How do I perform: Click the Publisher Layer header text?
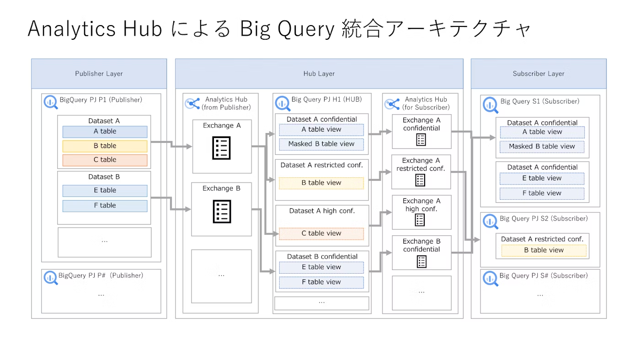click(99, 74)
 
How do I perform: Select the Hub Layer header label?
click(319, 74)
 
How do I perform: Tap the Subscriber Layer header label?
click(539, 74)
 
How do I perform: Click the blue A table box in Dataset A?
click(105, 132)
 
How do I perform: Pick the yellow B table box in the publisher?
click(105, 146)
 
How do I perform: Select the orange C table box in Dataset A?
click(105, 160)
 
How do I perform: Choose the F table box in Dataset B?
click(105, 206)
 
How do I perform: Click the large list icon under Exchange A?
click(221, 148)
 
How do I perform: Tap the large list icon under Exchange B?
click(222, 212)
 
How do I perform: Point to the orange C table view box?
click(321, 233)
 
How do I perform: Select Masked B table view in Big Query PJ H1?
click(321, 144)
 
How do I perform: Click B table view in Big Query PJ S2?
click(544, 250)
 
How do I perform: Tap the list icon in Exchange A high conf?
click(420, 220)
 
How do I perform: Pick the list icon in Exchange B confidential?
click(421, 261)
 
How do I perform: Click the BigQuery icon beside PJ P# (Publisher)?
click(51, 278)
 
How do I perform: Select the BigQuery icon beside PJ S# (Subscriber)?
click(490, 278)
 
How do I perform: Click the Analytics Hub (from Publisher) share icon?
click(192, 104)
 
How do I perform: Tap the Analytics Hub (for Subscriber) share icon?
click(392, 104)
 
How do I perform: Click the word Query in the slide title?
click(305, 29)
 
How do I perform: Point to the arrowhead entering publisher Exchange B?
click(188, 209)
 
